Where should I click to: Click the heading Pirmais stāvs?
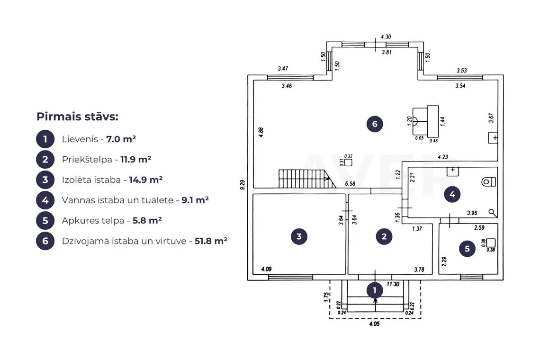pyautogui.click(x=78, y=117)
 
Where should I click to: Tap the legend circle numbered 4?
pyautogui.click(x=45, y=200)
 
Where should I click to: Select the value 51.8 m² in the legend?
pyautogui.click(x=211, y=241)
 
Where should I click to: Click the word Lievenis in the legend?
pyautogui.click(x=80, y=139)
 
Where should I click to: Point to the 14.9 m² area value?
pyautogui.click(x=146, y=180)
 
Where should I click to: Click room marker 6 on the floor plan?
pyautogui.click(x=375, y=124)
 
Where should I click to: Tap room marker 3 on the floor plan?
pyautogui.click(x=299, y=236)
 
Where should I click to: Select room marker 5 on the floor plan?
pyautogui.click(x=468, y=249)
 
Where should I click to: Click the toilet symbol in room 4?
pyautogui.click(x=489, y=181)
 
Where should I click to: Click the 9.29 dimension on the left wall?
pyautogui.click(x=243, y=185)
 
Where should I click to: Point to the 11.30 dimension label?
pyautogui.click(x=393, y=284)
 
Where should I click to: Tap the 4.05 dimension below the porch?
pyautogui.click(x=374, y=324)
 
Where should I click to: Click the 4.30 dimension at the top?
pyautogui.click(x=386, y=36)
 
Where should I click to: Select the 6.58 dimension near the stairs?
pyautogui.click(x=350, y=184)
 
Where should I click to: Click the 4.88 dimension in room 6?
pyautogui.click(x=261, y=132)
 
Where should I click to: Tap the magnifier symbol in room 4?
pyautogui.click(x=493, y=213)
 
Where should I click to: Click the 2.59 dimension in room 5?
pyautogui.click(x=479, y=227)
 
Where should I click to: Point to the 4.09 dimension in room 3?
pyautogui.click(x=266, y=269)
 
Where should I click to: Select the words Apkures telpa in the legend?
pyautogui.click(x=93, y=220)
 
